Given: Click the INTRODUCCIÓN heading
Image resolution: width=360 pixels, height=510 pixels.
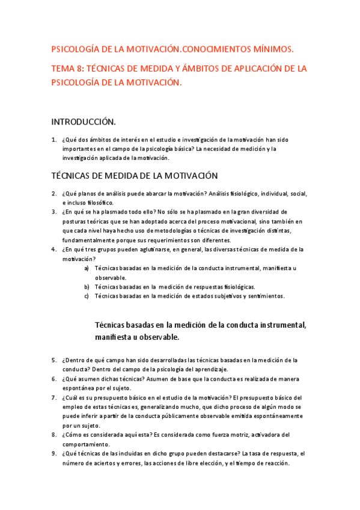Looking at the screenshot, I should tap(84, 121).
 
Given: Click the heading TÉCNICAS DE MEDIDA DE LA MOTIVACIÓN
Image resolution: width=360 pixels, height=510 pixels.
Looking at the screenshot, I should tap(134, 176).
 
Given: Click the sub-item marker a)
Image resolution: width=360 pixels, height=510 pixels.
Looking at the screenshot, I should tap(87, 268).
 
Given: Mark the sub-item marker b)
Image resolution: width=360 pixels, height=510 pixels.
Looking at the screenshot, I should tap(87, 287).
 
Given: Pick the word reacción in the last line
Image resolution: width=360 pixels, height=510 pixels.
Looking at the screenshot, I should tap(274, 463).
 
